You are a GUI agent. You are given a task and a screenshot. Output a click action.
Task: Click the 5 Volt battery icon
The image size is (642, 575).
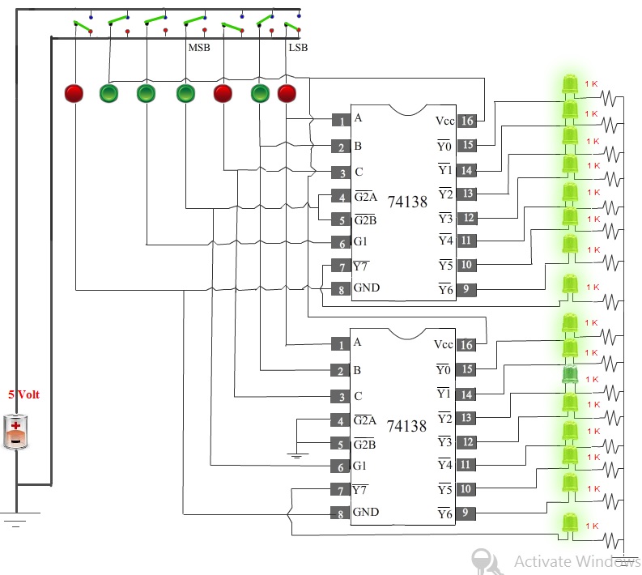point(15,432)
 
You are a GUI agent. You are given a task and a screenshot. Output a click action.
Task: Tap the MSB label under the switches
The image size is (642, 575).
point(199,48)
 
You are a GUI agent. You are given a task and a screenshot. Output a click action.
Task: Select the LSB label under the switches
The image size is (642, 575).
point(298,48)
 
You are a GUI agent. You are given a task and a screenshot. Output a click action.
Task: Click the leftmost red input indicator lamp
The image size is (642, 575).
point(74,93)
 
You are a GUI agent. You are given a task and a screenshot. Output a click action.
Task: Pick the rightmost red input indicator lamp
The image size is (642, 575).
point(287,93)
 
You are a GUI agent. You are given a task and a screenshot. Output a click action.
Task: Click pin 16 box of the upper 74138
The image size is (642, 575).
point(467,121)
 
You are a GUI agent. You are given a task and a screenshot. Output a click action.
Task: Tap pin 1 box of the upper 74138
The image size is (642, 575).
point(341,121)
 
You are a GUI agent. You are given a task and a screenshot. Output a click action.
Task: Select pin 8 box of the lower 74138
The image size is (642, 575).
point(340,513)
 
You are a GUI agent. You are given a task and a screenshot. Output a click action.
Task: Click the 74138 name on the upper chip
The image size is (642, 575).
point(407,202)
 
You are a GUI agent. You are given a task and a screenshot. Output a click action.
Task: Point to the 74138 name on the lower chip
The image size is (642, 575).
point(406,426)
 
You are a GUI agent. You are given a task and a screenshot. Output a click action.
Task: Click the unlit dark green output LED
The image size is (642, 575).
point(569,375)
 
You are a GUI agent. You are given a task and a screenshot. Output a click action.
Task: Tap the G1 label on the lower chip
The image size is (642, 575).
point(359,466)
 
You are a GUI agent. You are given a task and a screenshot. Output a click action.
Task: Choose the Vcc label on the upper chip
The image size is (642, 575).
point(444,121)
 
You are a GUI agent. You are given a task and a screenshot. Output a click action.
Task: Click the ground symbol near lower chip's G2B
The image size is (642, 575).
point(297,455)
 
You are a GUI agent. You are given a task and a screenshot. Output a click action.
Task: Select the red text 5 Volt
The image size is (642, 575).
point(23,394)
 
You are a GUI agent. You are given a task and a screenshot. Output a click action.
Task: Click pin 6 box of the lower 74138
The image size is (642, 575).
point(340,466)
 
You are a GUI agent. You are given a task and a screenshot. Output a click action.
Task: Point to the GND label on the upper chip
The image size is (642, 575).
point(367,287)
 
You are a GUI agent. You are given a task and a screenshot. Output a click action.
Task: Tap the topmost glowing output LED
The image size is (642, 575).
point(569,84)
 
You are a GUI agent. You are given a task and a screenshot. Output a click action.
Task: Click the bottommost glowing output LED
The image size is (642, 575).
point(569,522)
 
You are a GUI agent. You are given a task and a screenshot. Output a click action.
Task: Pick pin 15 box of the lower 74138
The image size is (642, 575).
point(466,369)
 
